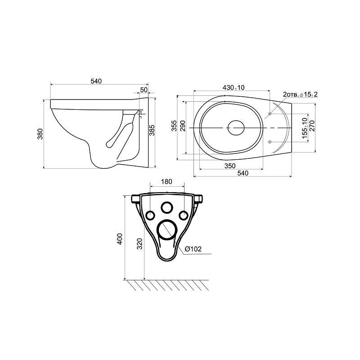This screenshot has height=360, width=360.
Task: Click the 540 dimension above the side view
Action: [96, 81]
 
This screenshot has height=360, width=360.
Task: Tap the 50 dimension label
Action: [144, 90]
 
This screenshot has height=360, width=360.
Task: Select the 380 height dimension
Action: [40, 134]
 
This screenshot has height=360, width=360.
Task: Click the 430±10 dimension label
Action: [234, 87]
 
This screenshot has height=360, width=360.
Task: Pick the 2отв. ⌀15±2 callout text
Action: [300, 94]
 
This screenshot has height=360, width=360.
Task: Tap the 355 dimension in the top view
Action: [175, 126]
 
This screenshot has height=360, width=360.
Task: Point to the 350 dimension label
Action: [230, 166]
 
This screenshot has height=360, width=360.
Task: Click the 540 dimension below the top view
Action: [243, 173]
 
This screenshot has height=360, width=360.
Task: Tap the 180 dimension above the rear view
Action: [166, 181]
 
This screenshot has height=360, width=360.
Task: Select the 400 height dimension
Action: [120, 239]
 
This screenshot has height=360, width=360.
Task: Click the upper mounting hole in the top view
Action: [270, 114]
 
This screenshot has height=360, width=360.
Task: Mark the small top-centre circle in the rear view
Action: [166, 207]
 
